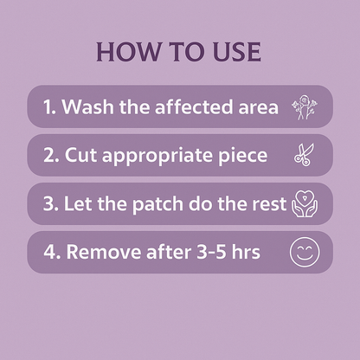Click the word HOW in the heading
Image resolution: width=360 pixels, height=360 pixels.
[x=123, y=51]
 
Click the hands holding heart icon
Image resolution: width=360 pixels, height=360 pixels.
[x=302, y=204]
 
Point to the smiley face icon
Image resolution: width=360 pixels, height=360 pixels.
[x=302, y=253]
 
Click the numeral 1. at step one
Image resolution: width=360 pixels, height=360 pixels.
[x=50, y=107]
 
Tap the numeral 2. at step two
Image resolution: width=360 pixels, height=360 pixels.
[x=51, y=156]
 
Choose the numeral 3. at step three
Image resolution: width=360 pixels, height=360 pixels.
[x=51, y=204]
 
